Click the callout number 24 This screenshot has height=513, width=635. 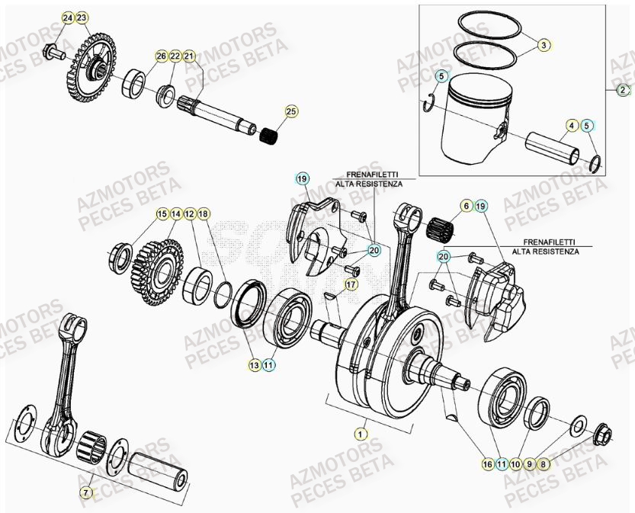tap(68, 18)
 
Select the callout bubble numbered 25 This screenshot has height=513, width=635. tap(290, 112)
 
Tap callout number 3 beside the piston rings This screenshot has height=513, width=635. tap(543, 45)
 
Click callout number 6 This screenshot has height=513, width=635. tap(465, 206)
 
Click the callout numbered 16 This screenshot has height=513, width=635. tap(486, 463)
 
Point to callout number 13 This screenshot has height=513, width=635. tap(253, 366)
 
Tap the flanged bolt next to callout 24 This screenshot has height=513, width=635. tap(54, 53)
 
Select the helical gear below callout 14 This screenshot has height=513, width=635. tap(156, 267)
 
